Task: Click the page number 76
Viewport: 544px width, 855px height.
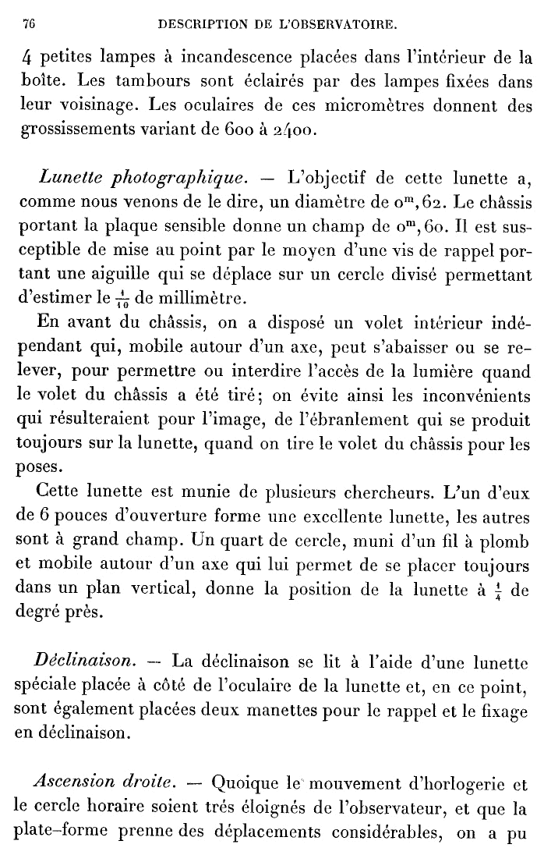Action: (x=30, y=25)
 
